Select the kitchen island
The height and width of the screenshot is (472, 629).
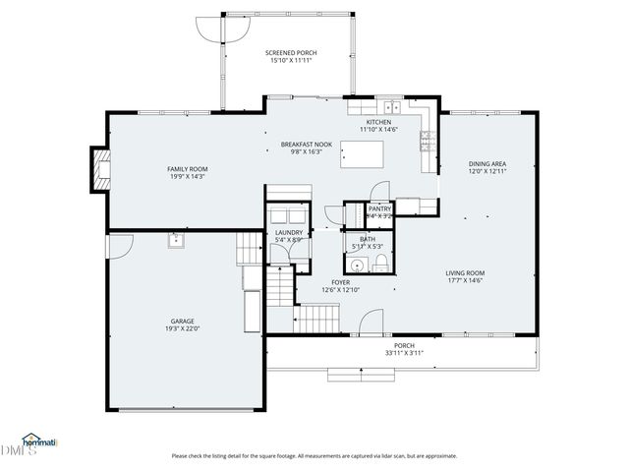point(362,154)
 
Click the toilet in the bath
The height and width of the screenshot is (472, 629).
point(380,263)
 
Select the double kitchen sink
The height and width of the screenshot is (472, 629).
point(391,107)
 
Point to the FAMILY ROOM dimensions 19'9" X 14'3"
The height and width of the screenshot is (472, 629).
point(187,177)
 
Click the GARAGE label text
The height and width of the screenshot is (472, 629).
point(183,321)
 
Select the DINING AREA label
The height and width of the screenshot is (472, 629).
point(487,163)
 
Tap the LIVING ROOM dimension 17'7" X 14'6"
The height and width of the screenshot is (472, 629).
point(465,281)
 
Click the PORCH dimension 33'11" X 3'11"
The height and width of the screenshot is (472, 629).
point(404,353)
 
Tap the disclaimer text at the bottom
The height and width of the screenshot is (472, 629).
point(314,455)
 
